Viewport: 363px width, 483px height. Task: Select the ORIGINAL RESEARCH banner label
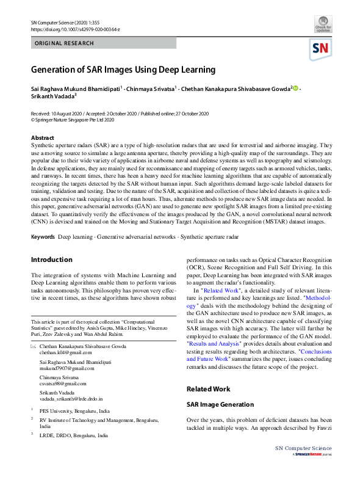click(x=65, y=43)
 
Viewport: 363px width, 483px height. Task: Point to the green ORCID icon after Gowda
click(x=297, y=88)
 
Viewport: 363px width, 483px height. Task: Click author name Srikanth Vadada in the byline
click(x=53, y=96)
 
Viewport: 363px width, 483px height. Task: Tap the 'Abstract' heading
click(x=43, y=139)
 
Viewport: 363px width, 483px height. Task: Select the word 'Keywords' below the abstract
click(x=43, y=236)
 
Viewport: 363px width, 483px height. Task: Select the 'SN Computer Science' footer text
click(x=303, y=449)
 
